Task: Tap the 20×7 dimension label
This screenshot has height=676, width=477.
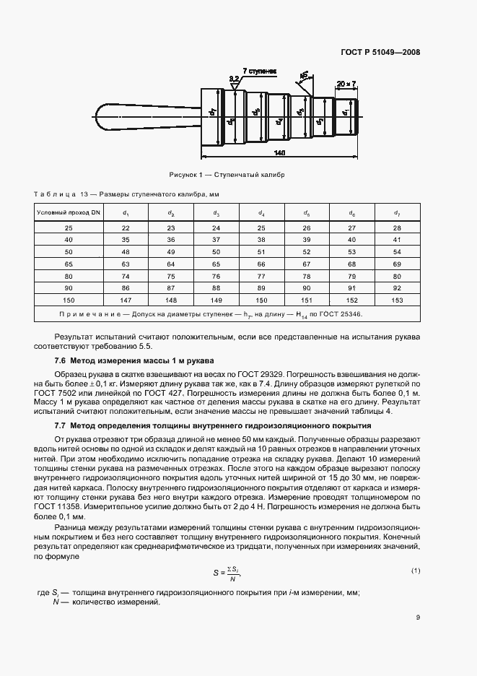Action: pyautogui.click(x=347, y=84)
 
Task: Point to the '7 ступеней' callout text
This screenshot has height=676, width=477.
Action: pyautogui.click(x=259, y=71)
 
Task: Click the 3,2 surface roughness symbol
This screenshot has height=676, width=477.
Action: pyautogui.click(x=234, y=79)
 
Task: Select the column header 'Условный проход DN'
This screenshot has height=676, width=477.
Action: pyautogui.click(x=69, y=213)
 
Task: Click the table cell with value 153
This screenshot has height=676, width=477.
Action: pyautogui.click(x=396, y=299)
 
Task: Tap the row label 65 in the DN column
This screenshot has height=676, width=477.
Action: pyautogui.click(x=69, y=264)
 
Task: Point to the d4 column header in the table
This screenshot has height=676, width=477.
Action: pyautogui.click(x=261, y=213)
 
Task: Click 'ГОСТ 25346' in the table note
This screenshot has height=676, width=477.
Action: pyautogui.click(x=343, y=315)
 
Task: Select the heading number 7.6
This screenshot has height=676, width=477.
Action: pyautogui.click(x=61, y=360)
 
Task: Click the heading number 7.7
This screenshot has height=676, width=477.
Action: pyautogui.click(x=61, y=426)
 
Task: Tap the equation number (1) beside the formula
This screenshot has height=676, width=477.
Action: pyautogui.click(x=416, y=571)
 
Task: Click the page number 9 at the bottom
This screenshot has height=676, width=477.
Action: pyautogui.click(x=418, y=617)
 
